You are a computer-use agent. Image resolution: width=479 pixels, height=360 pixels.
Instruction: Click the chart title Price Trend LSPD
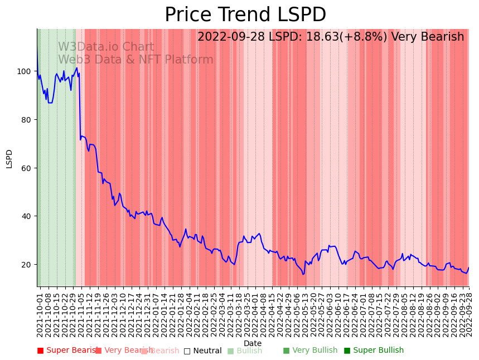tap(245, 15)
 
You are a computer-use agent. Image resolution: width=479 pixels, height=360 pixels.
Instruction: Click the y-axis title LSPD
tap(9, 158)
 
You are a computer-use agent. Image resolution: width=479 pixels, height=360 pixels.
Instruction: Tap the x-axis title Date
tap(252, 343)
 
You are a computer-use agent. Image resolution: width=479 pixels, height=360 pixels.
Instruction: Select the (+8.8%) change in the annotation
tap(367, 37)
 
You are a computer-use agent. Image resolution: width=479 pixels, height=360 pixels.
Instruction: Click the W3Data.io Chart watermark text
tap(106, 47)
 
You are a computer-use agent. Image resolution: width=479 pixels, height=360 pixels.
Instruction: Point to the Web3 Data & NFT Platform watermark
tap(136, 60)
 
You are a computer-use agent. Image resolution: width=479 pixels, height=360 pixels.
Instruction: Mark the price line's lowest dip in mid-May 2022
tap(303, 274)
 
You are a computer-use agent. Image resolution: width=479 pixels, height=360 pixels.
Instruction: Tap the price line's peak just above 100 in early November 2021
tap(77, 68)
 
